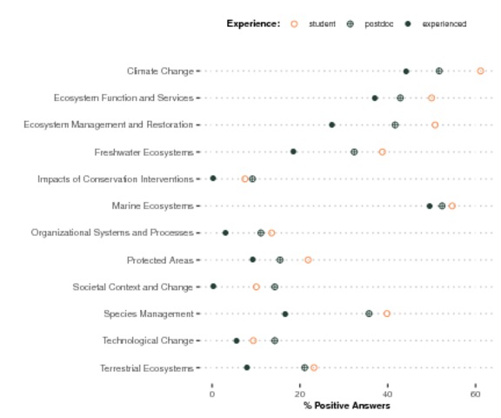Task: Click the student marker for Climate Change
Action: coord(480,71)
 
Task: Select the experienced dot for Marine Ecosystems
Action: coord(430,206)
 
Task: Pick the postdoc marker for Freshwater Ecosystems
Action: coord(354,152)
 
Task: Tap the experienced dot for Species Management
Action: coord(285,314)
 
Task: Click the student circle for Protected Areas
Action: coord(308,260)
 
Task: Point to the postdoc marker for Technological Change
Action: coord(275,340)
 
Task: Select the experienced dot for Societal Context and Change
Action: coord(213,287)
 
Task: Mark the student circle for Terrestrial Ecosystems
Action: coord(314,367)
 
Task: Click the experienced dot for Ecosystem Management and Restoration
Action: coord(332,125)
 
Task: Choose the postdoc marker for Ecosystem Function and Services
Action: coord(400,98)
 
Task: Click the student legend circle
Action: coord(294,24)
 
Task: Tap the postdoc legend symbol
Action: coord(351,24)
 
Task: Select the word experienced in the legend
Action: coord(444,24)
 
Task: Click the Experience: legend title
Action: coord(253,24)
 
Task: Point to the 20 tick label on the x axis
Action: coord(300,394)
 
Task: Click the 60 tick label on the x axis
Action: coord(476,394)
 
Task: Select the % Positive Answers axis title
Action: coord(347,406)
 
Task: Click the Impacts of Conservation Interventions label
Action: coord(116,179)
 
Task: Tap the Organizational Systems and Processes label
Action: coord(112,233)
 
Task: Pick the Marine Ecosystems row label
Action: coord(153,206)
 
